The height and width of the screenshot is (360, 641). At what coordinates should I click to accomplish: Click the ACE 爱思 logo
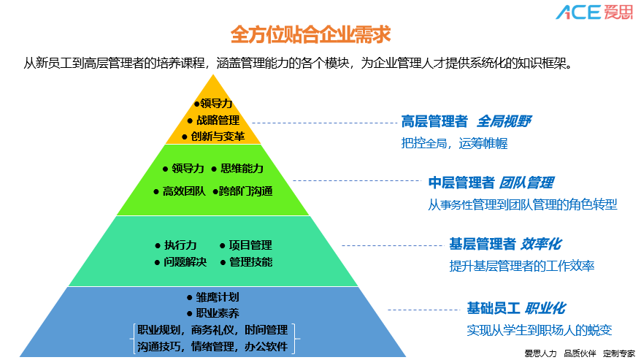(x=594, y=12)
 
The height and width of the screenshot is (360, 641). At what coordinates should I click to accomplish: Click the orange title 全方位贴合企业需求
(x=310, y=34)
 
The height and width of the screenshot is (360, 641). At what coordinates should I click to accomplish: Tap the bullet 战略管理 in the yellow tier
(x=218, y=120)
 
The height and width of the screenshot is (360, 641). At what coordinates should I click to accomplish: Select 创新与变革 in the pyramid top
(x=218, y=137)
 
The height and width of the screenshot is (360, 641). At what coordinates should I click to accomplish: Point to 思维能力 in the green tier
(x=242, y=169)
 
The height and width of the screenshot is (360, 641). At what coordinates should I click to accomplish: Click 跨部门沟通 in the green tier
(x=246, y=191)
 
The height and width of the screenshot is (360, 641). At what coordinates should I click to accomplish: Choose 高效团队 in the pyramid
(x=184, y=191)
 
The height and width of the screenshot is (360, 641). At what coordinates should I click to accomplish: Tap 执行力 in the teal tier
(x=180, y=245)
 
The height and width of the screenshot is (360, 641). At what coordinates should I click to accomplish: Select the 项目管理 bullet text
(x=250, y=245)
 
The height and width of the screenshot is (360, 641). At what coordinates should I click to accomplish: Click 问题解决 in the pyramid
(x=185, y=262)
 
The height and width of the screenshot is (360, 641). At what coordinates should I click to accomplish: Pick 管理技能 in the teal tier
(x=250, y=262)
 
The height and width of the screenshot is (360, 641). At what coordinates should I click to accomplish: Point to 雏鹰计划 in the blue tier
(x=218, y=297)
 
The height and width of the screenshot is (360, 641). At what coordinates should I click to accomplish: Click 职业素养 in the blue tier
(x=218, y=313)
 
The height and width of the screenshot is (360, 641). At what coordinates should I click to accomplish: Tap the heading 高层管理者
(x=434, y=121)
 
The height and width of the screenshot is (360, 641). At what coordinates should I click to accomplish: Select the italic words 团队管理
(x=526, y=183)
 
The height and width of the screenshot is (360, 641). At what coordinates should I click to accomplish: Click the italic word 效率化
(x=541, y=244)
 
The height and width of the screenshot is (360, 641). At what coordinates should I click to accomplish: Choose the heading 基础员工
(x=494, y=308)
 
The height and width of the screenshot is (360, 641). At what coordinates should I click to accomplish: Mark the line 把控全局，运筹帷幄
(x=454, y=144)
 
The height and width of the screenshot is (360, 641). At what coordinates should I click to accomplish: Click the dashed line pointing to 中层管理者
(x=357, y=180)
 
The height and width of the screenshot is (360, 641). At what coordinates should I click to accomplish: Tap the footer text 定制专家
(x=619, y=353)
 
